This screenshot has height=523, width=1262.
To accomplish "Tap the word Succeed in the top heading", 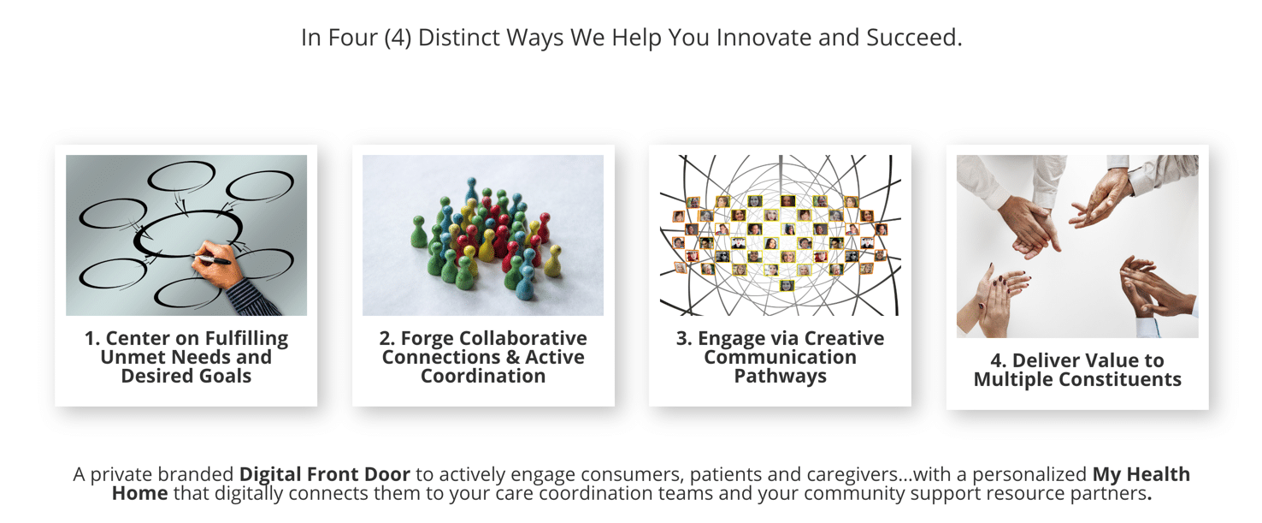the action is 914,38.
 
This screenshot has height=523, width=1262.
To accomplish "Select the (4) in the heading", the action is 398,38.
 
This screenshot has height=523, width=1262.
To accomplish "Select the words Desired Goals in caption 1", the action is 186,376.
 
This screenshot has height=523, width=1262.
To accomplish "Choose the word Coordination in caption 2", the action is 483,376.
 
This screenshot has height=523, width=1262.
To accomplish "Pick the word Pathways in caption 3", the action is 781,377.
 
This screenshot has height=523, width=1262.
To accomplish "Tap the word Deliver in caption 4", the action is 1043,360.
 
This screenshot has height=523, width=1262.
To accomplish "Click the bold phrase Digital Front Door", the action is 325,474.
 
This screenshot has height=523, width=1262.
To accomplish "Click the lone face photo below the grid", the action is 787,286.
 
